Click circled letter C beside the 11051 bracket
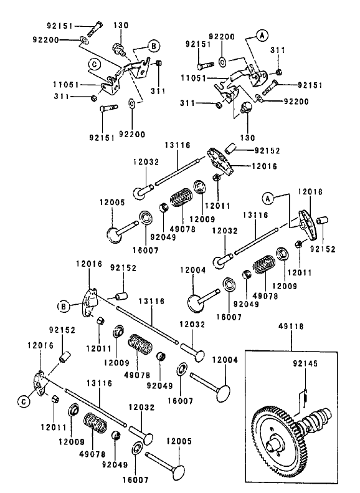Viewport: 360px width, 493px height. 92,63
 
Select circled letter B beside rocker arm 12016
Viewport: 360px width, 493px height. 64,305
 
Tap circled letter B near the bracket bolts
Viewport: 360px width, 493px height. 154,45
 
